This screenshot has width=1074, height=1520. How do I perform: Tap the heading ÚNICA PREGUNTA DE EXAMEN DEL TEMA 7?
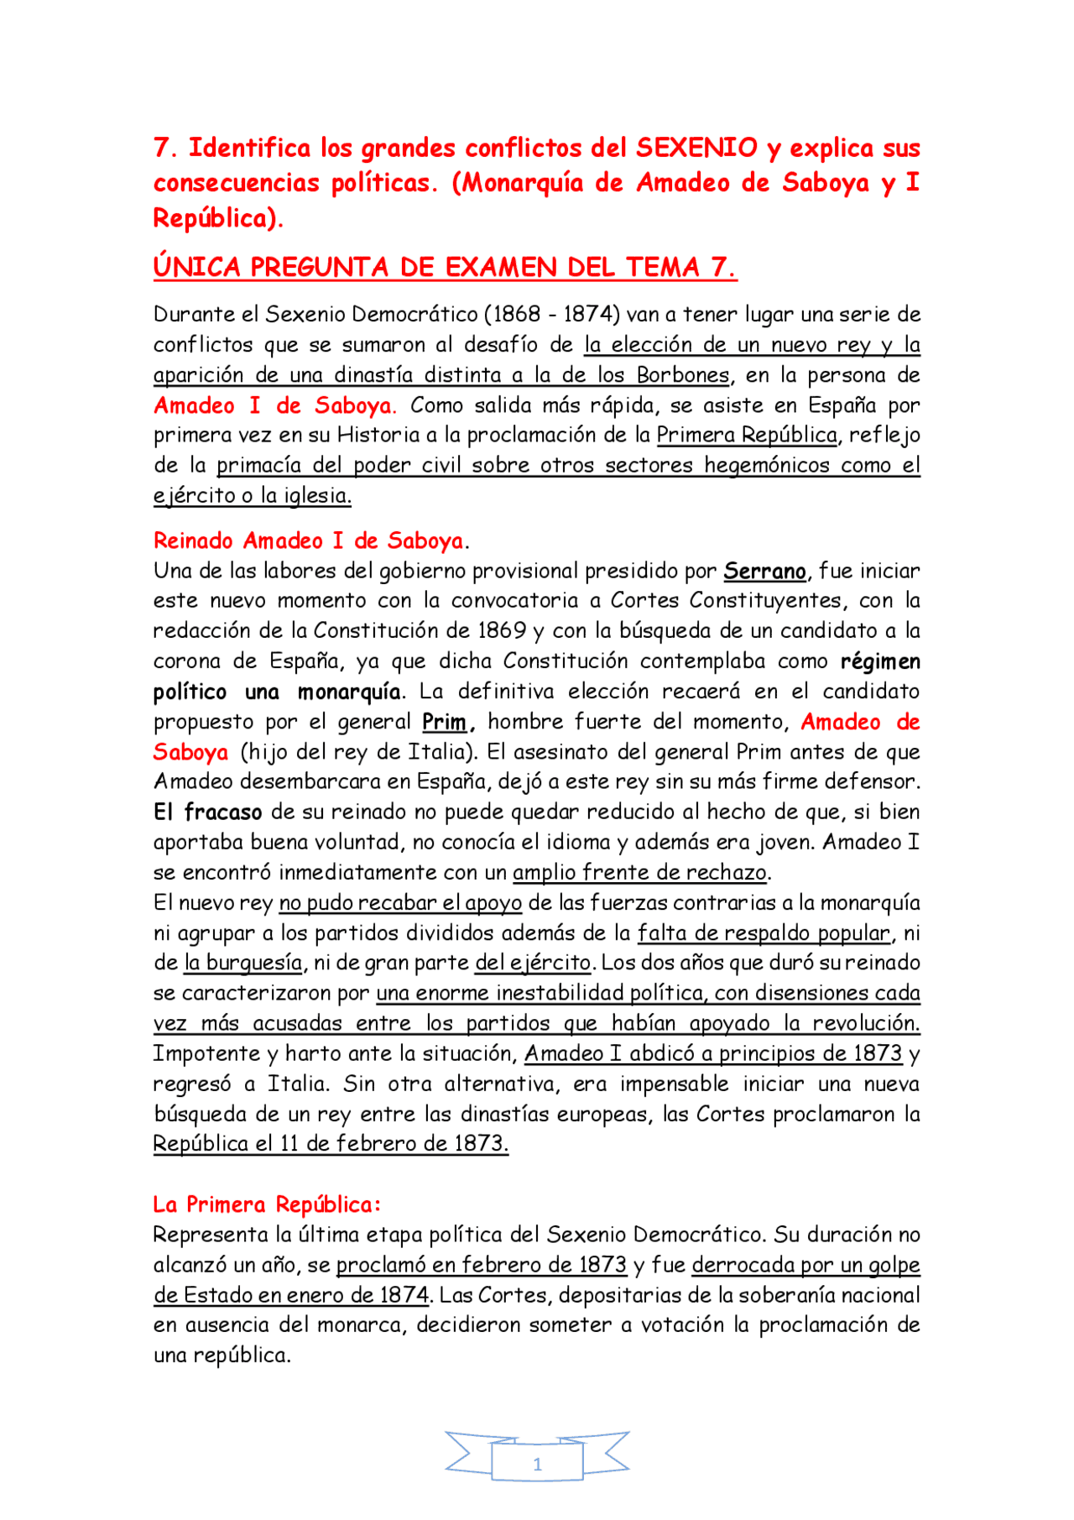445,268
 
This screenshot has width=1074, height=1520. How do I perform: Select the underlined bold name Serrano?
764,572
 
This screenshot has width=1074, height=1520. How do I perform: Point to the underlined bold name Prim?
444,723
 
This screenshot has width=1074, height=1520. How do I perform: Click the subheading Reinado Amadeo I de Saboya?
309,541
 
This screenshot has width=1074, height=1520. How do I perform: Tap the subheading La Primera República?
267,1205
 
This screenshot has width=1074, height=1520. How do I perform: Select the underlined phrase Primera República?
747,436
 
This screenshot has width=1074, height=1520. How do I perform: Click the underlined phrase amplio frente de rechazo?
640,873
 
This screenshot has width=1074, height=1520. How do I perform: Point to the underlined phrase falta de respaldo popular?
764,933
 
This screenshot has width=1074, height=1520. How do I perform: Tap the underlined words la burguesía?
243,964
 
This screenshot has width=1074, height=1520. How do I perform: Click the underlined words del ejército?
534,964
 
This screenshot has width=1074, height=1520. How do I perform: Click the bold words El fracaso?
207,812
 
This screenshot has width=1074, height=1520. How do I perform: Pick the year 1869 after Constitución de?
502,631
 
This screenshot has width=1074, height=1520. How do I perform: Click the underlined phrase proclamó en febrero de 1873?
482,1265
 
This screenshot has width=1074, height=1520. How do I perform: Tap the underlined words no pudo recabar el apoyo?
400,903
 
